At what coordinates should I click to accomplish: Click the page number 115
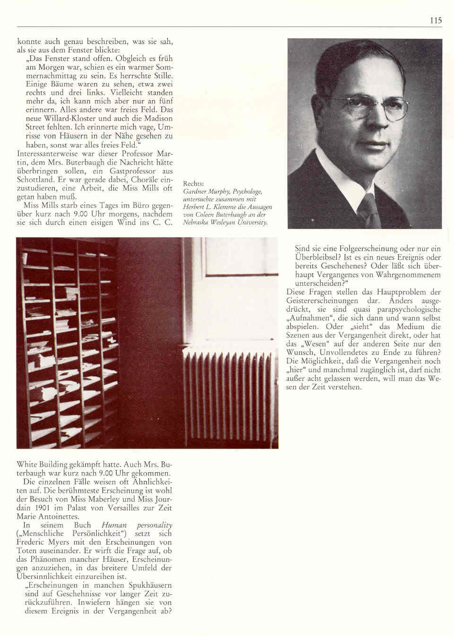[436, 20]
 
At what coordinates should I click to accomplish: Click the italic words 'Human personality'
[137, 525]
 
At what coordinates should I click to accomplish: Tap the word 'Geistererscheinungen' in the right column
[321, 300]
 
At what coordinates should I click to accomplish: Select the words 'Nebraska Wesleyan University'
[225, 222]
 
